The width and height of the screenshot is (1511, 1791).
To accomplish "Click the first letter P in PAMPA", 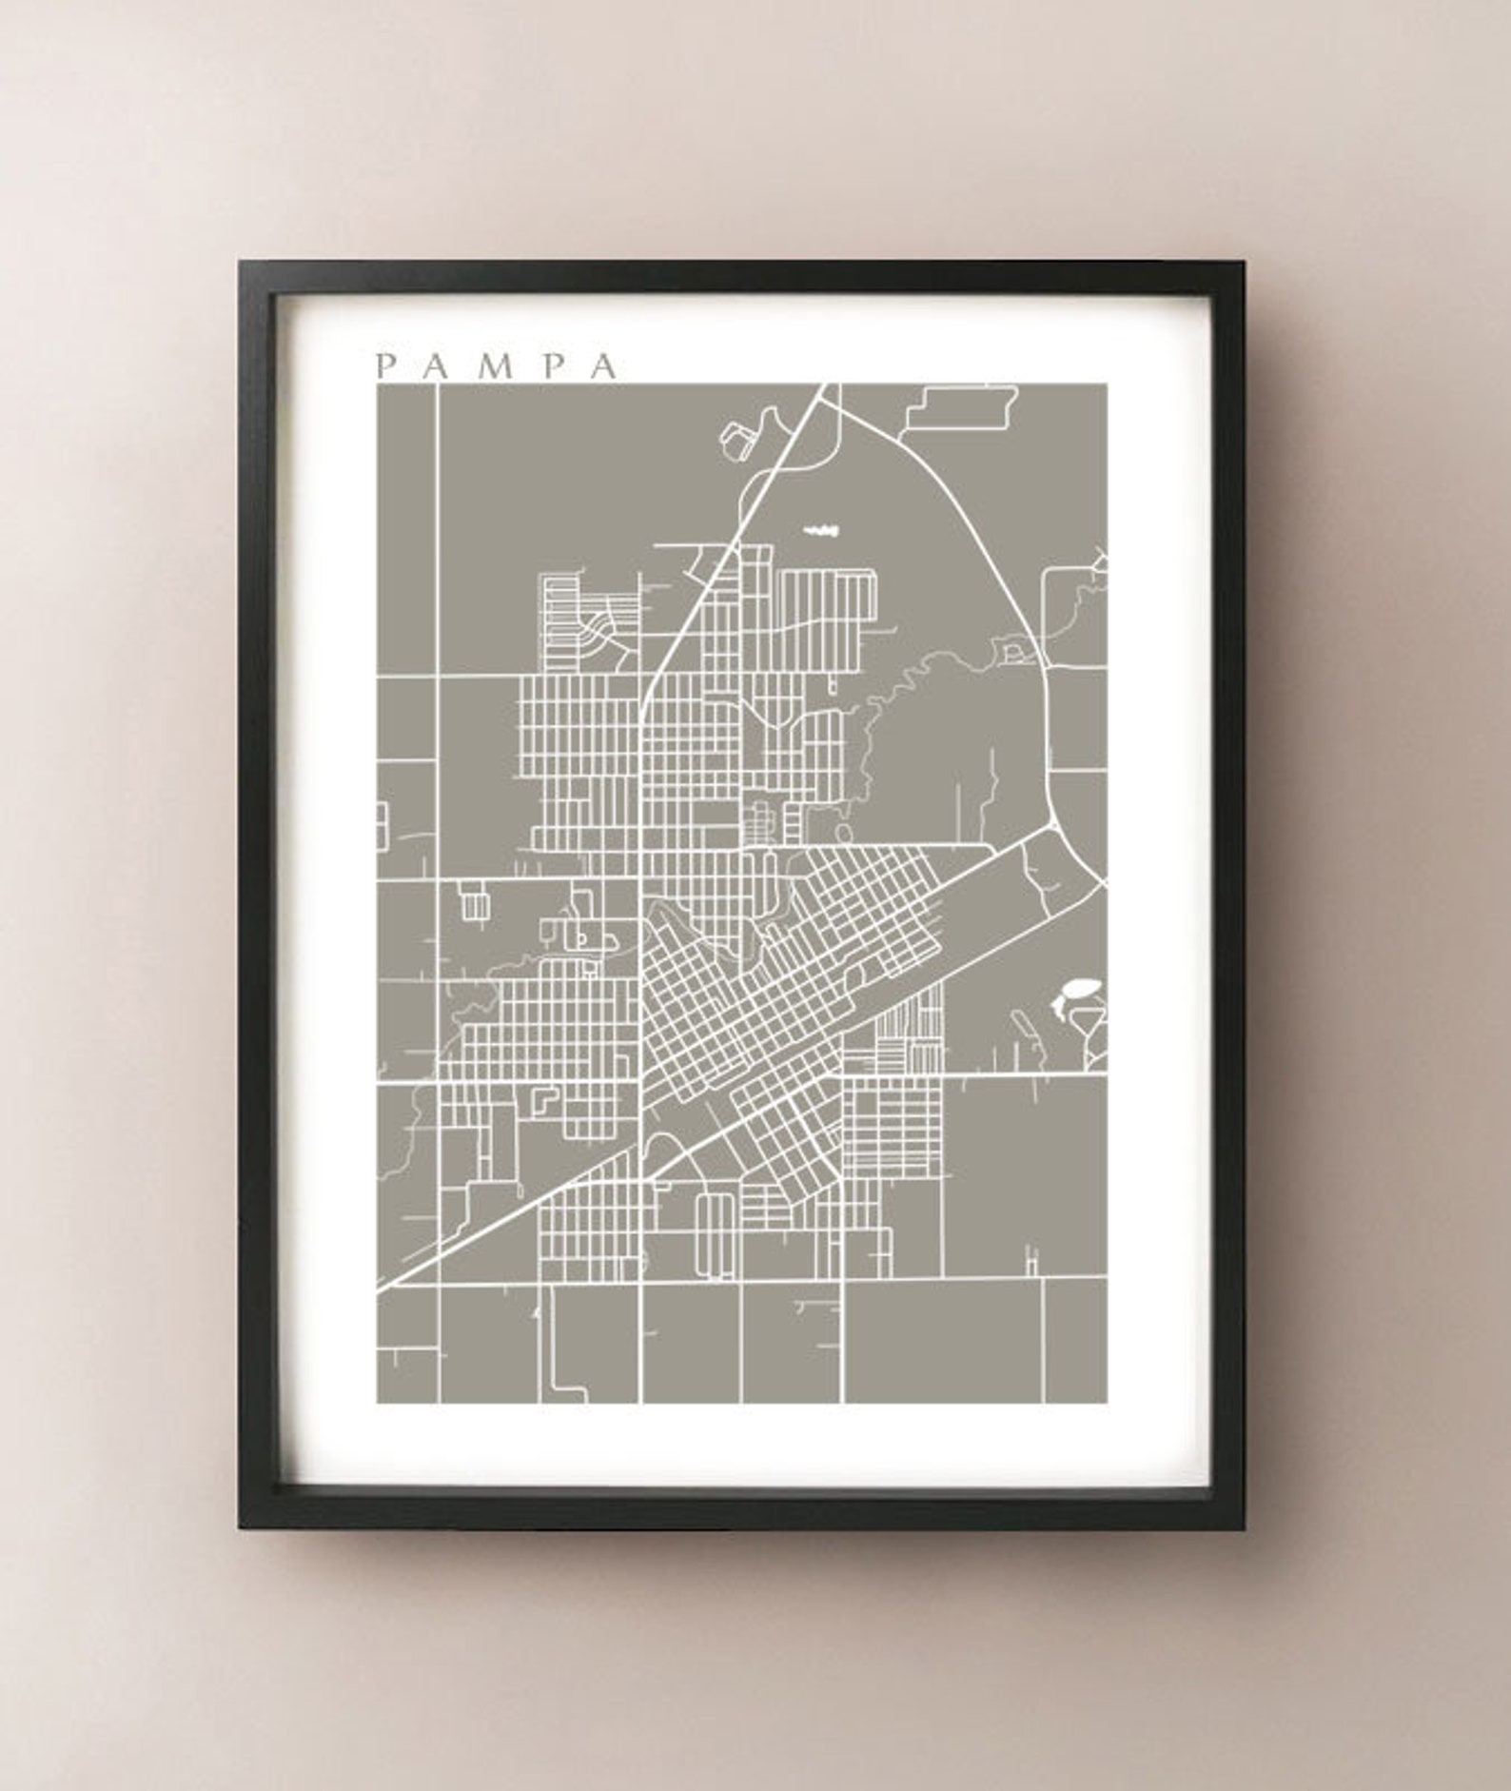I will [x=385, y=366].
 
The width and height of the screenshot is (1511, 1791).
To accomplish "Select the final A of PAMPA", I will [x=602, y=366].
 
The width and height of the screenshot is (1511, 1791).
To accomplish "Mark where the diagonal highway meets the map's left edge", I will [x=381, y=1289].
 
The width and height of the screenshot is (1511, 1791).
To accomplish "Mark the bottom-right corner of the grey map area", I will [x=1106, y=1402].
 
